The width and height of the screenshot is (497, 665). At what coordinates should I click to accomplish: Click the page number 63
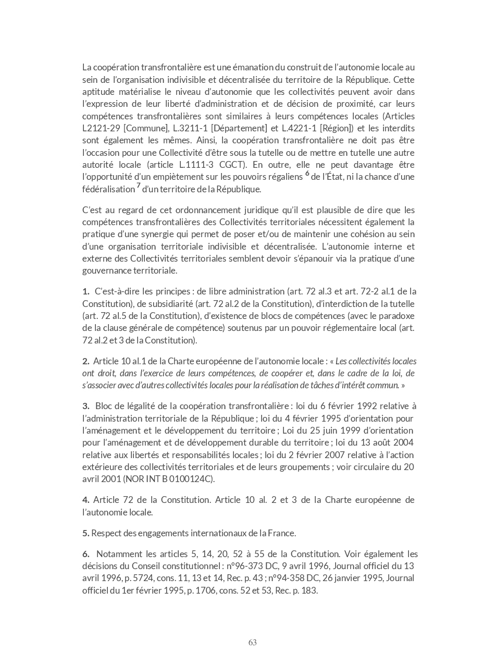pos(253,642)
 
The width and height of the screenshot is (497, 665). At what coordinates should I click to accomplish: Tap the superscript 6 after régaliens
pos(307,174)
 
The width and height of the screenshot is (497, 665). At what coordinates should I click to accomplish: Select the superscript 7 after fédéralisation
pos(138,186)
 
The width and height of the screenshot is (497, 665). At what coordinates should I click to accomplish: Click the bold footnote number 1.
pos(85,291)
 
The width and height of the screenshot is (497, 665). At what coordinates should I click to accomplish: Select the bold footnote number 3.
pos(85,406)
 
